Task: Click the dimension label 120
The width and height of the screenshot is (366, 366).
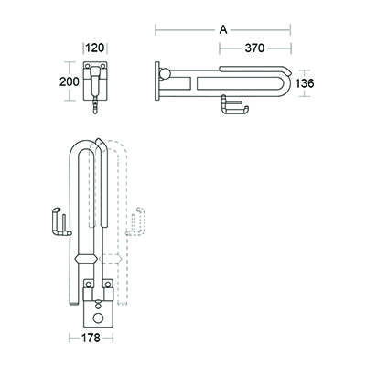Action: click(95, 48)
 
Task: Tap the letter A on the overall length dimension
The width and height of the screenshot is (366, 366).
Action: click(223, 29)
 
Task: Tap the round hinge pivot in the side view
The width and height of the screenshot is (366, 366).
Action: click(165, 73)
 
